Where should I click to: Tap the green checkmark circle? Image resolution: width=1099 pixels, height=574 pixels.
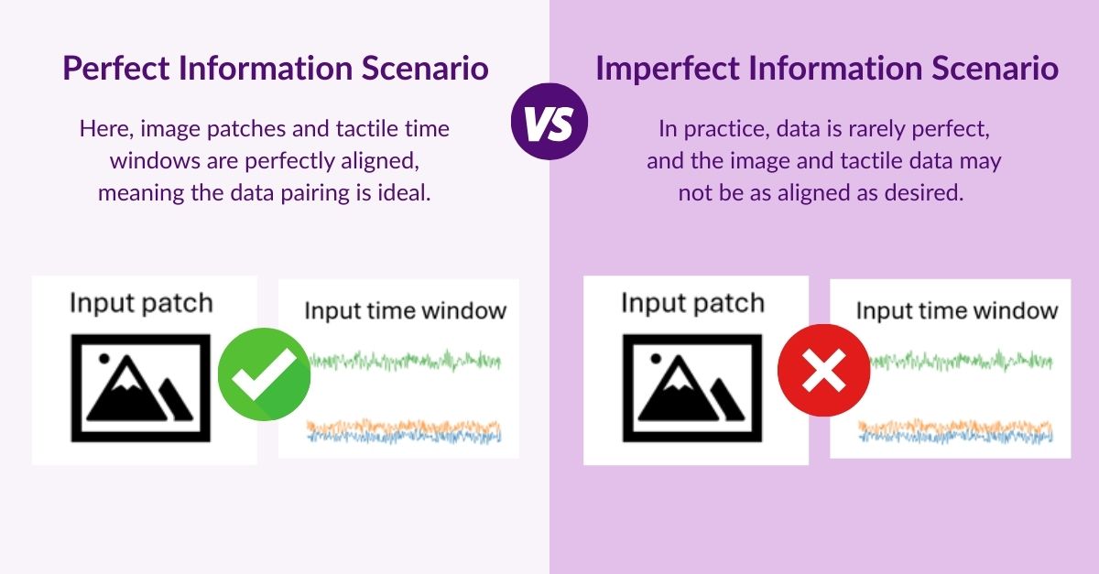coord(263,374)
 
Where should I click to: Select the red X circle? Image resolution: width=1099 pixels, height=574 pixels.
coord(822,374)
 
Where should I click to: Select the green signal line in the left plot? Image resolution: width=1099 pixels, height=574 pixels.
coord(403,360)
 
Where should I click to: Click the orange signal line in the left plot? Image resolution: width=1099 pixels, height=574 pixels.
coord(403,426)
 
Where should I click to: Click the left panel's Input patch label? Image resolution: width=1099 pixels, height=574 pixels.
coord(141,303)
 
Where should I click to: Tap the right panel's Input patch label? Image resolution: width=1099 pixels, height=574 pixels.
coord(692,303)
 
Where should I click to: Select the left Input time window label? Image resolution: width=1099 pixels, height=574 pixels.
coord(405,310)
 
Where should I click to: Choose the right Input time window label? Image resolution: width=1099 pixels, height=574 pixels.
coord(957,310)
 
